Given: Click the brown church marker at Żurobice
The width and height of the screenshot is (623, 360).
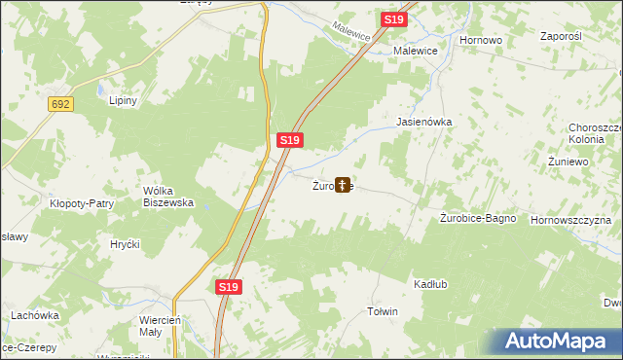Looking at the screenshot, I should point(343,183).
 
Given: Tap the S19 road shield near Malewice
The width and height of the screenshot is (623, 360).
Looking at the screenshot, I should point(393,19).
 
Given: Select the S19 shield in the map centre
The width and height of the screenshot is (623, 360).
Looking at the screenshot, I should point(289,140).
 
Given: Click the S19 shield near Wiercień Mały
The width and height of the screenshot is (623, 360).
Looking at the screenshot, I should point(228,288).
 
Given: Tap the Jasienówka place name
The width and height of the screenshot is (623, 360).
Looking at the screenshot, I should point(424,123).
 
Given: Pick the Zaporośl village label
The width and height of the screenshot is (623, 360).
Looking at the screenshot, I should point(561,35).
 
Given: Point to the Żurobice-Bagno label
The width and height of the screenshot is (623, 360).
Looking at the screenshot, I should point(477,219).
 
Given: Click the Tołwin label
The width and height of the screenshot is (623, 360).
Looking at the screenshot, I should point(382,311).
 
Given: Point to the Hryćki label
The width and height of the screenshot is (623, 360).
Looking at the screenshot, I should point(126,243).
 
